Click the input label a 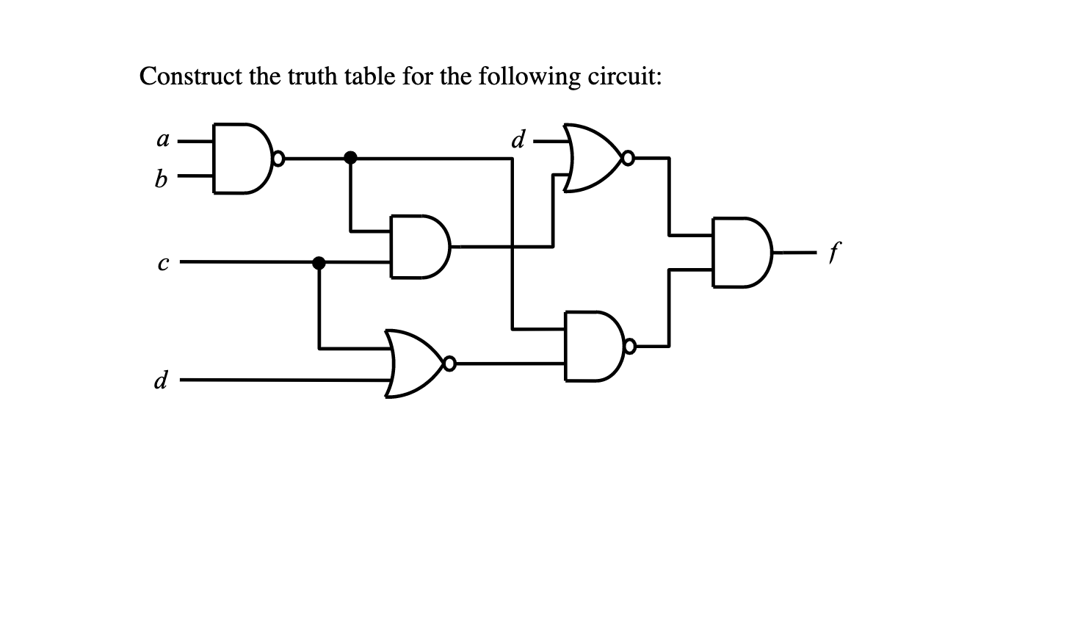(x=163, y=140)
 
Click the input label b (x=161, y=178)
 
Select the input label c (x=162, y=262)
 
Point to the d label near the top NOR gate (x=518, y=139)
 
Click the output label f (x=833, y=253)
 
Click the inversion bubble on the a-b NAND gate (x=278, y=158)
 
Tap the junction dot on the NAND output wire (x=351, y=157)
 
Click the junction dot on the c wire (x=319, y=262)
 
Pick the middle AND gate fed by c (x=419, y=247)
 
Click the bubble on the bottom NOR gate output (x=450, y=363)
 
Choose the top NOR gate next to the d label (x=591, y=158)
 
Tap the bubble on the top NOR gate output (x=628, y=157)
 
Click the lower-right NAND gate (x=593, y=346)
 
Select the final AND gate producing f (x=740, y=253)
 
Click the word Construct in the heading (x=191, y=76)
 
